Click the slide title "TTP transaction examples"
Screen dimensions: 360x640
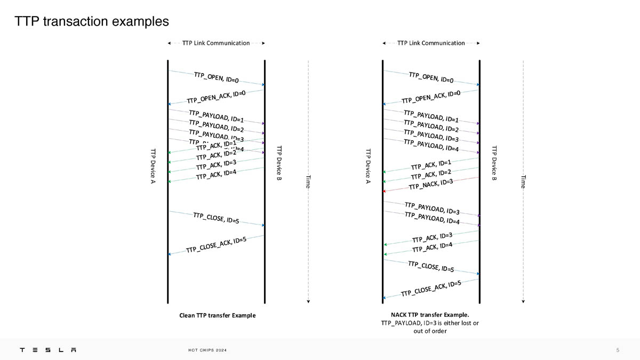[x=92, y=21]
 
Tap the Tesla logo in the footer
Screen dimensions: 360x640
[x=48, y=350]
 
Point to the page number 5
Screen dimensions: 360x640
[x=618, y=350]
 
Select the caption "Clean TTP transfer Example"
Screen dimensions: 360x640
[x=217, y=315]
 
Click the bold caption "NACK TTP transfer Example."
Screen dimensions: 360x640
[x=430, y=315]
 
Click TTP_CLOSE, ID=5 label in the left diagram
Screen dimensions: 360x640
[x=216, y=217]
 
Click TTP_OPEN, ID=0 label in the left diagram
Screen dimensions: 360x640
[x=216, y=77]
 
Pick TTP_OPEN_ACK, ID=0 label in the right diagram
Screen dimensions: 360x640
[x=431, y=97]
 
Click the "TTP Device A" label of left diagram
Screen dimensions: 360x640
[x=153, y=167]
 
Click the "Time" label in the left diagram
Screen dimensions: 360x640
[x=308, y=181]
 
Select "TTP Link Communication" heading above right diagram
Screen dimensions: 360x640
[x=431, y=43]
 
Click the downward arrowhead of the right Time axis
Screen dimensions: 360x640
[x=523, y=301]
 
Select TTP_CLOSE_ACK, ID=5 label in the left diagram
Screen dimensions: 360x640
[x=216, y=245]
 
